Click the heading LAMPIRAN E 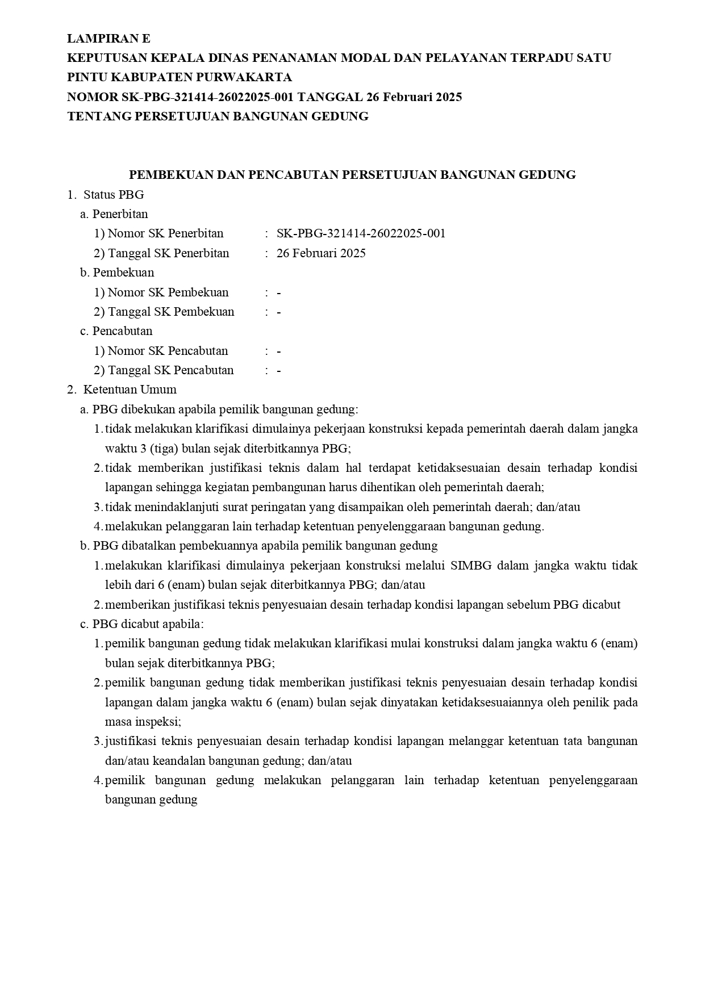pyautogui.click(x=109, y=39)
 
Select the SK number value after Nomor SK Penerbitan pyautogui.click(x=361, y=233)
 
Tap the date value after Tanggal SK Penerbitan pyautogui.click(x=321, y=253)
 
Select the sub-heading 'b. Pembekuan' pyautogui.click(x=117, y=273)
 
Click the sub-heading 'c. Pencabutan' pyautogui.click(x=116, y=331)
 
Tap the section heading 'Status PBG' pyautogui.click(x=114, y=195)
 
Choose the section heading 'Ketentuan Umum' pyautogui.click(x=130, y=390)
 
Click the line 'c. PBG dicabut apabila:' pyautogui.click(x=142, y=624)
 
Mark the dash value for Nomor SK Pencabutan pyautogui.click(x=279, y=351)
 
